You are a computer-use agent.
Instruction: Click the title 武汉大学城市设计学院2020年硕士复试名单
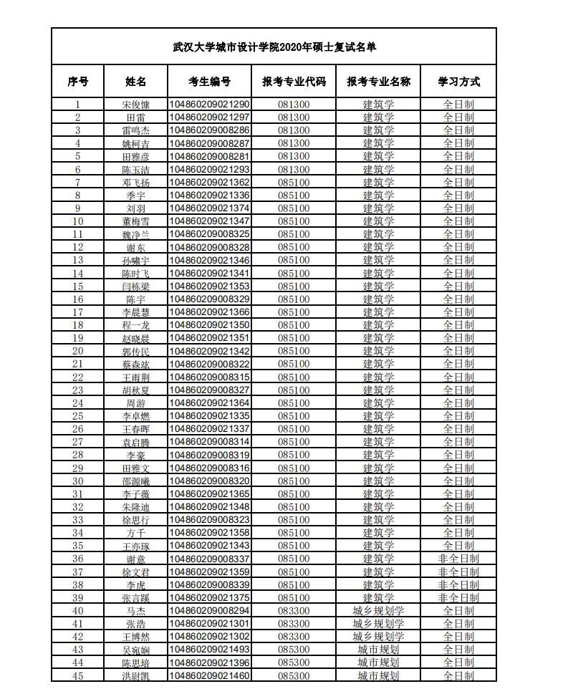click(274, 47)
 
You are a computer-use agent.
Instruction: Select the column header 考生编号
click(209, 82)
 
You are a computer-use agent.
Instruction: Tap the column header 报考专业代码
click(294, 82)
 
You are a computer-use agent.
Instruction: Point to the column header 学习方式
click(458, 82)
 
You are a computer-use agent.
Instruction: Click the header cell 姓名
click(135, 82)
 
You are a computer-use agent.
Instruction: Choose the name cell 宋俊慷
click(135, 104)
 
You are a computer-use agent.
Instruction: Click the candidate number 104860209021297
click(209, 117)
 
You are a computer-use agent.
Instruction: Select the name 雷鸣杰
click(135, 130)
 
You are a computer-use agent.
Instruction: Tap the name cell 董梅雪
click(135, 221)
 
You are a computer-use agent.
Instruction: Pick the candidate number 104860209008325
click(209, 234)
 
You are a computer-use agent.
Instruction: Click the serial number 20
click(78, 351)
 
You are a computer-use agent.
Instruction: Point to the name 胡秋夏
click(135, 390)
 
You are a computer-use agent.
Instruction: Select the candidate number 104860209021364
click(209, 403)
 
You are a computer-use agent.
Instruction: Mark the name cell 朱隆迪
click(135, 507)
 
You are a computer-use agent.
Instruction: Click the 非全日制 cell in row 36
click(458, 559)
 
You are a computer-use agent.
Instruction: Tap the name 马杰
click(135, 611)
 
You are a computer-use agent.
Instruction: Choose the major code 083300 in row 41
click(294, 624)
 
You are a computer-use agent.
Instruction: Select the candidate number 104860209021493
click(209, 650)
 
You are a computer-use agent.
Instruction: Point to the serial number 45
click(78, 675)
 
